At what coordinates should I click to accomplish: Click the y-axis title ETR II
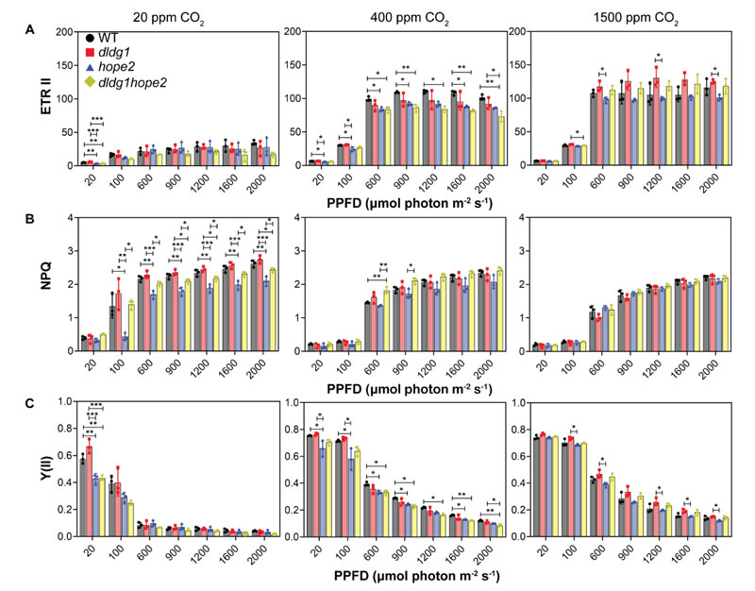pos(22,99)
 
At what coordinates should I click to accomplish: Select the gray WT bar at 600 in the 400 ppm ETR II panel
pos(368,132)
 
